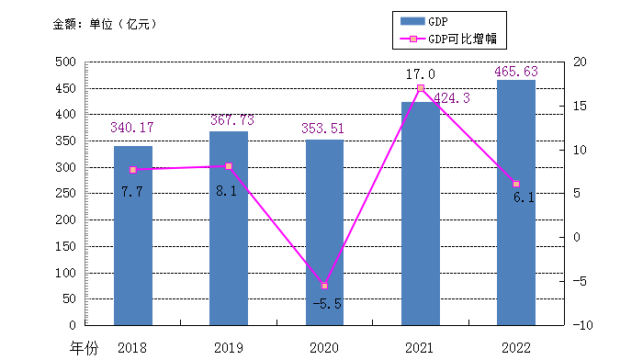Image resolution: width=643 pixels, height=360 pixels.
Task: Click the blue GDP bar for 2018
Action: coord(133,236)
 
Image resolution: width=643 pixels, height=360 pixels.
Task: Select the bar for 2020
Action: coord(324,232)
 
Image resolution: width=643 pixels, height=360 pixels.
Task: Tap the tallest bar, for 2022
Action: coord(516,203)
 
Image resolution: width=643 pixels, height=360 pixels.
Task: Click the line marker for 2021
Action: coord(421,88)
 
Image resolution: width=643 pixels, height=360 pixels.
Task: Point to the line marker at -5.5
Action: coord(324,286)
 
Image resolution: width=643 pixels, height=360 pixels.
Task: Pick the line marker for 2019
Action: coord(229,166)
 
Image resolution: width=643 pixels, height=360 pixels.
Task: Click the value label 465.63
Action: coord(516,72)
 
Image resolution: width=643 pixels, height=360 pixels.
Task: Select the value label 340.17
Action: coord(132,128)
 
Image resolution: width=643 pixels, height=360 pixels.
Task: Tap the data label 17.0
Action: coord(421,74)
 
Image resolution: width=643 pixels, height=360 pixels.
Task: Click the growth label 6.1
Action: coord(524,197)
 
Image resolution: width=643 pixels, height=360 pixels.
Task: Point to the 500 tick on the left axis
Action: coord(65,62)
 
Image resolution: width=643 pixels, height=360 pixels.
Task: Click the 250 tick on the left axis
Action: coord(65,193)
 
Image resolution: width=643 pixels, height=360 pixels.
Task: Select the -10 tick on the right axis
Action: coord(582,325)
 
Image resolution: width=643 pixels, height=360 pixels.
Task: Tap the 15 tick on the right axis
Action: coord(580,106)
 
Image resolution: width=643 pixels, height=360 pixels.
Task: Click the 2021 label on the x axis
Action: coord(419,348)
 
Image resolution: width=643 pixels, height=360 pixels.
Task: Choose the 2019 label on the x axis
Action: coord(229,348)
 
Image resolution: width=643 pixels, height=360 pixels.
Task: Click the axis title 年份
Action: coord(85,348)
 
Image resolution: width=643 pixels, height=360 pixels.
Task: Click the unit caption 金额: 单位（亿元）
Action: coord(106,24)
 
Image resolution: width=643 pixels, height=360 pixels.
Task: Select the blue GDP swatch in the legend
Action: coord(412,21)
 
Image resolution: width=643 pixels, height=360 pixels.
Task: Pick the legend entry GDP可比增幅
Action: coord(448,39)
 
